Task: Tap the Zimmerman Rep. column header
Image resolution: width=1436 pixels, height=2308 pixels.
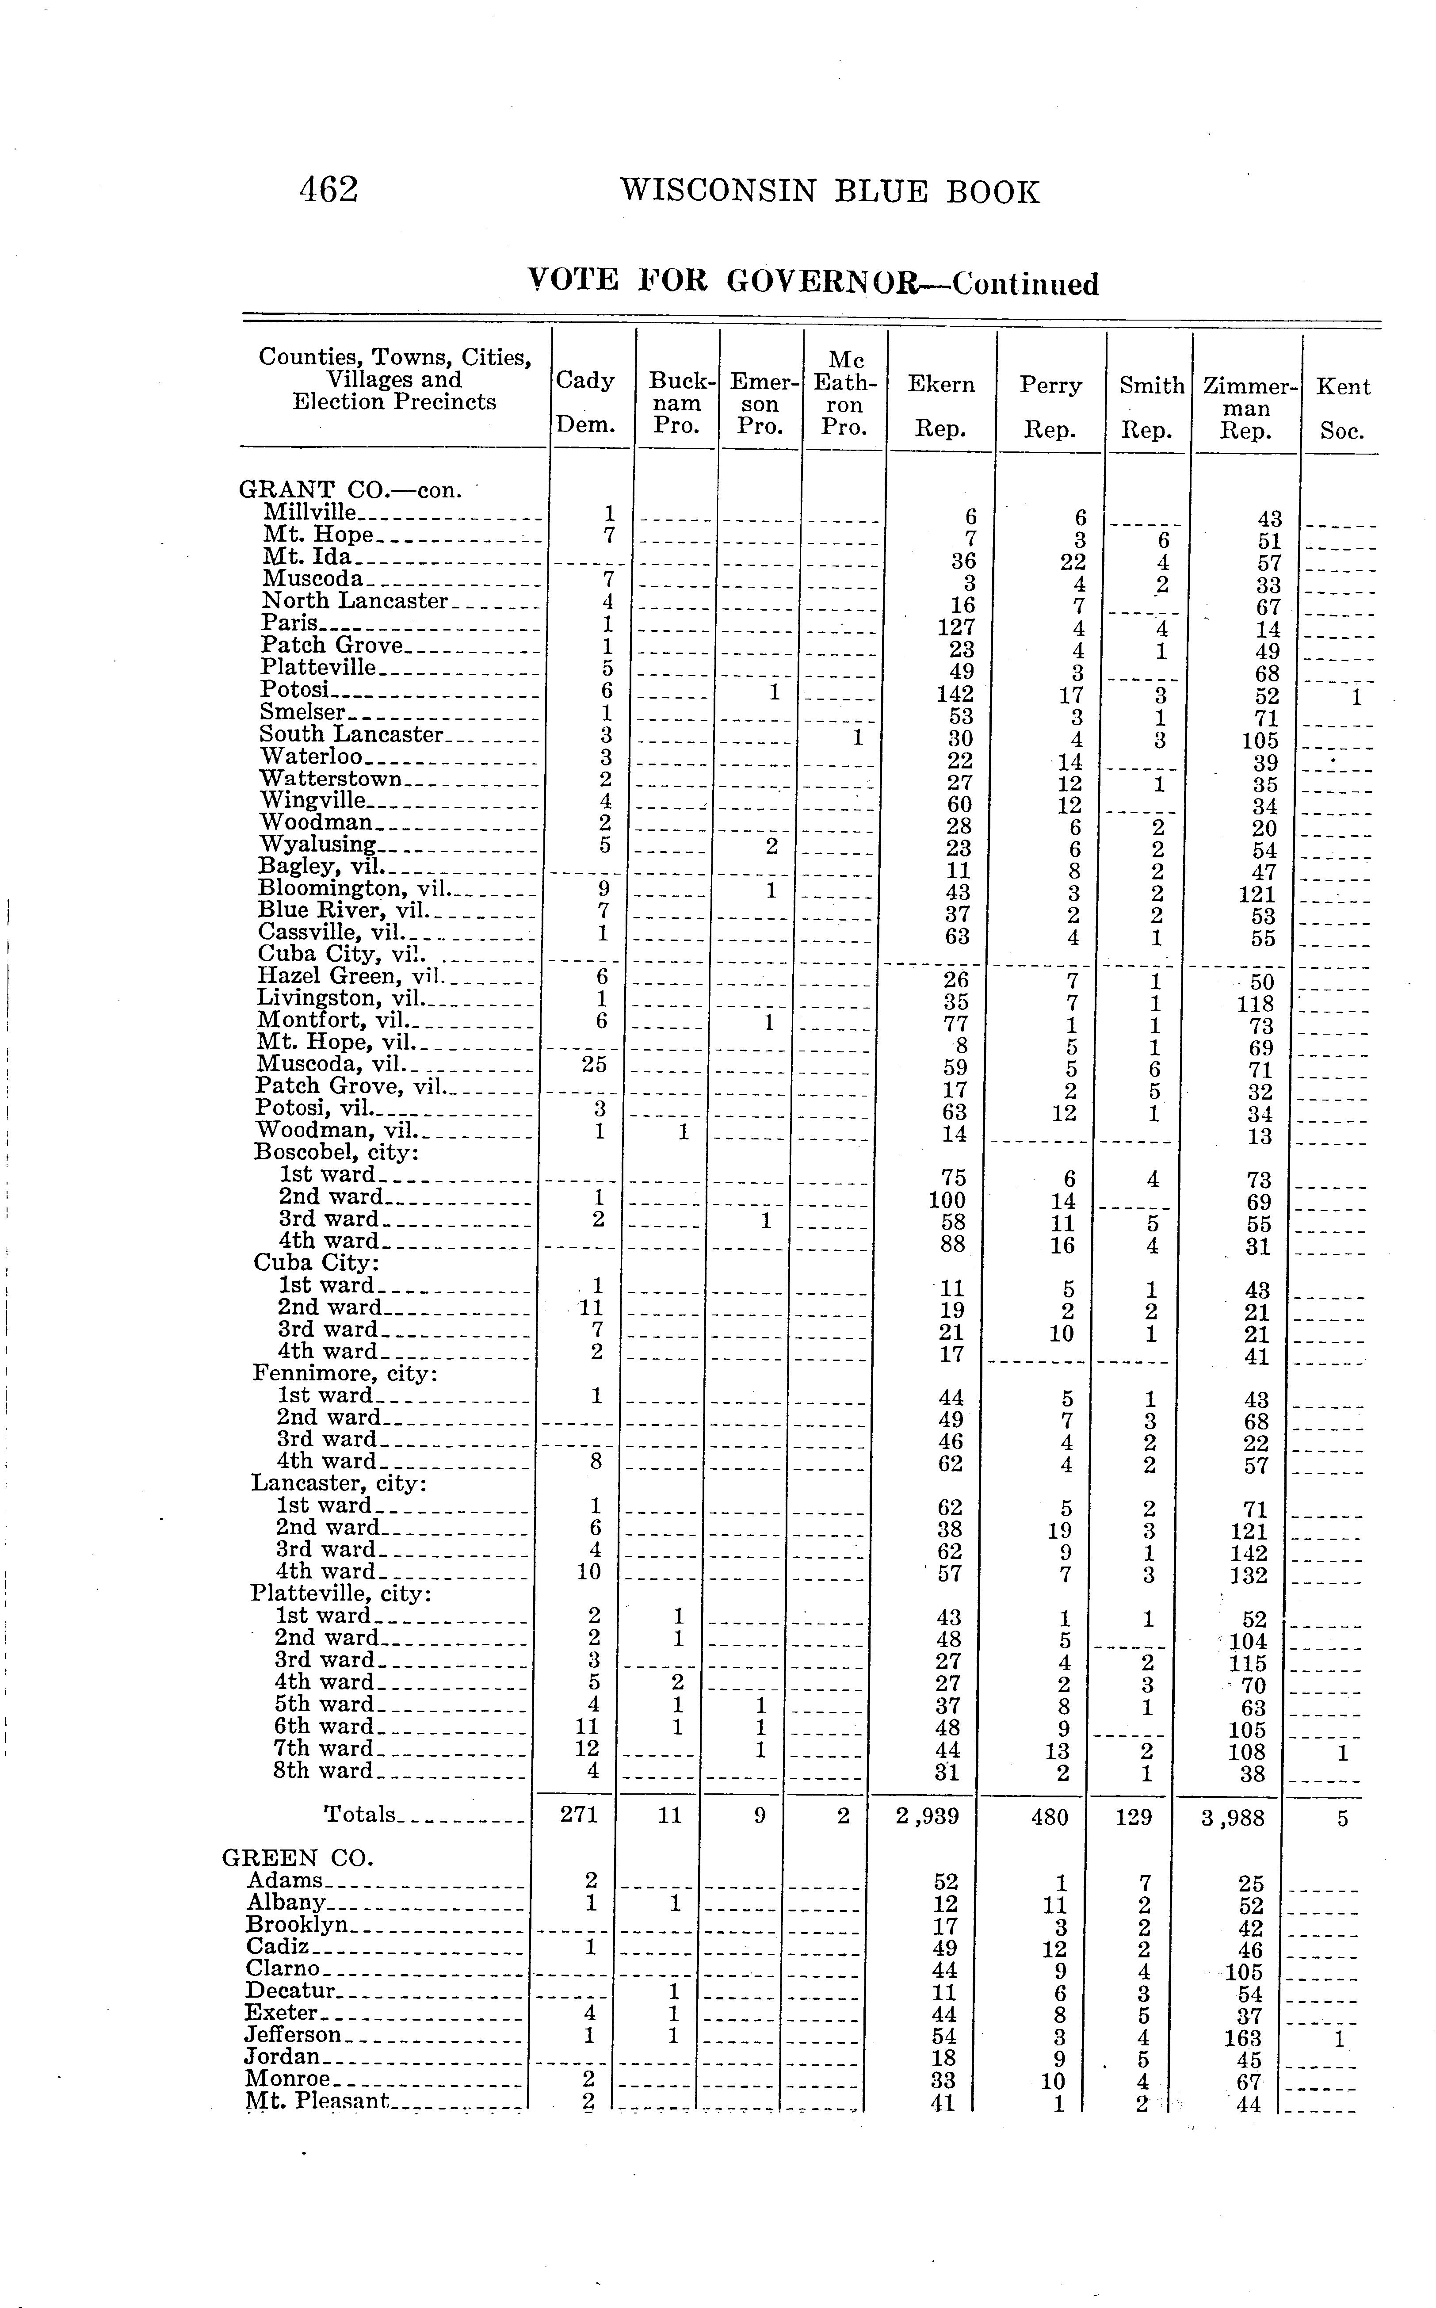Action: (x=1248, y=409)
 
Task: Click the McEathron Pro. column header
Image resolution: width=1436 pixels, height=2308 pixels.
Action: (x=844, y=393)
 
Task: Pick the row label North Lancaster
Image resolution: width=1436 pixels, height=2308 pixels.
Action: (x=353, y=601)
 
